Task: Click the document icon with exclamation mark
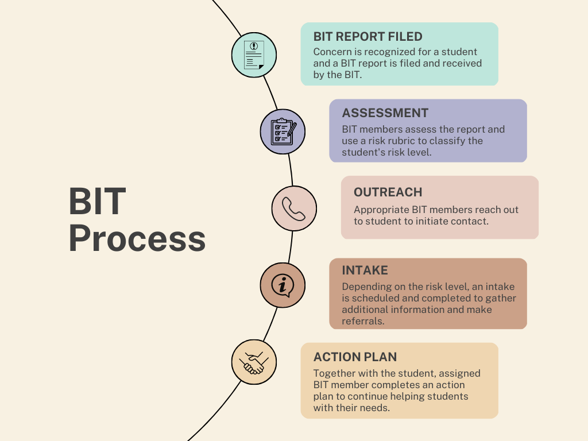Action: pyautogui.click(x=254, y=55)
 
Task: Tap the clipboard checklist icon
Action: pyautogui.click(x=283, y=131)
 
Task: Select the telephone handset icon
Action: pyautogui.click(x=293, y=208)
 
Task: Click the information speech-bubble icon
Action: pyautogui.click(x=283, y=285)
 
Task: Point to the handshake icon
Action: pyautogui.click(x=254, y=363)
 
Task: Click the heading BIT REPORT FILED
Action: pyautogui.click(x=368, y=36)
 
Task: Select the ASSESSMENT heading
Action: pyautogui.click(x=385, y=113)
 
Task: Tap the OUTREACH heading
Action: pyautogui.click(x=388, y=192)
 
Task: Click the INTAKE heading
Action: pyautogui.click(x=365, y=270)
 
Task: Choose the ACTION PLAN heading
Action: pyautogui.click(x=355, y=357)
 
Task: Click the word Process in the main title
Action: pyautogui.click(x=137, y=238)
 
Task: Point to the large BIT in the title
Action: pyautogui.click(x=97, y=201)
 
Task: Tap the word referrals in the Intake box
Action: pyautogui.click(x=363, y=321)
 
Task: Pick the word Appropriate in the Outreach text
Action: pyautogui.click(x=381, y=210)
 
